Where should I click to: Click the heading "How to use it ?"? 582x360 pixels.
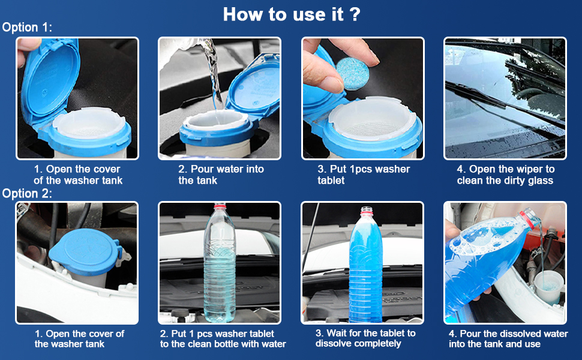point(292,14)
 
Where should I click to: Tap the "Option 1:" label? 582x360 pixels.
point(27,28)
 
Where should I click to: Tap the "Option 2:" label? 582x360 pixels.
point(27,193)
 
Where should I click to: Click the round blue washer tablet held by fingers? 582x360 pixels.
point(352,73)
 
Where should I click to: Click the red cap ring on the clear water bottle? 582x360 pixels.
point(220,206)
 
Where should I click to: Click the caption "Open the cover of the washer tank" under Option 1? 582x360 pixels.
point(77,175)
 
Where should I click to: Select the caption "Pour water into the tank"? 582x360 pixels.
point(221,175)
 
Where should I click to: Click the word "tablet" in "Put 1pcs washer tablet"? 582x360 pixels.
point(331,181)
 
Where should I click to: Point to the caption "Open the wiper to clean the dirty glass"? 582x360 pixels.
point(505,175)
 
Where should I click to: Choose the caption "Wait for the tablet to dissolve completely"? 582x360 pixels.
point(365,338)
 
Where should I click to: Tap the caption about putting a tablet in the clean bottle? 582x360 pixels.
point(223,339)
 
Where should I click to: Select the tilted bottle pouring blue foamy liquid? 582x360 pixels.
point(490,260)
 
